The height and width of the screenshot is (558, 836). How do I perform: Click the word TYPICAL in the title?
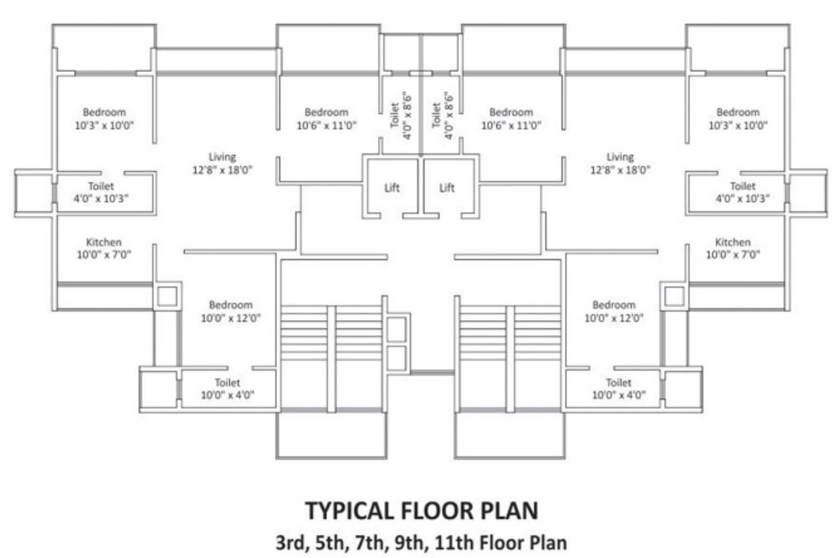point(342,510)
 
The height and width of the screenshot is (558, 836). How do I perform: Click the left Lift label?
point(392,188)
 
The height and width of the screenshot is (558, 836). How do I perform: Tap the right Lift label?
point(448,188)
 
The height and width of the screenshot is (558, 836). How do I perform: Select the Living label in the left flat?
point(223,157)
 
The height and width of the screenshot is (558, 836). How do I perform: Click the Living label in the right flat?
point(620,157)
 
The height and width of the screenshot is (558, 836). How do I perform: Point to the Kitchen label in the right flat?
point(732,242)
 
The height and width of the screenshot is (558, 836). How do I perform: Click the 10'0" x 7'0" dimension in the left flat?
point(104,254)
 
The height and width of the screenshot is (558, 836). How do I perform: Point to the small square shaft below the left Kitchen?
point(167,296)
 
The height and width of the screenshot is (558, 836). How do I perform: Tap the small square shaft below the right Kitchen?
point(674,296)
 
